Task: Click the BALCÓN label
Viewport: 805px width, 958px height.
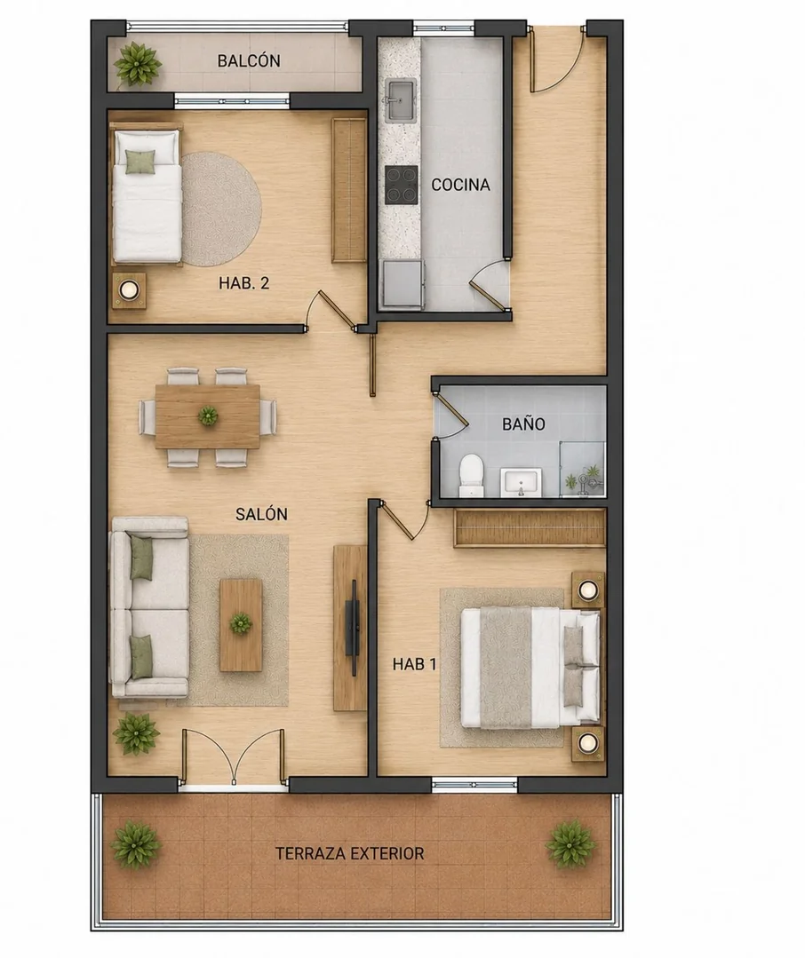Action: click(249, 60)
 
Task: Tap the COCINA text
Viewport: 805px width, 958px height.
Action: click(460, 185)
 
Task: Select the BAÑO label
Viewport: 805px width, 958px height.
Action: click(523, 424)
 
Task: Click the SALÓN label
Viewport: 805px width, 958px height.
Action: click(261, 514)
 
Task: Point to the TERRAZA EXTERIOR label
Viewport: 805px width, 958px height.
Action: click(349, 853)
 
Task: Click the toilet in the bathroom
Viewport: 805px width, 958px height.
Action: click(471, 474)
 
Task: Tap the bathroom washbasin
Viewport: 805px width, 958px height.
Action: click(521, 482)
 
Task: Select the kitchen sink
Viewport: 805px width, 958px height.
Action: click(400, 99)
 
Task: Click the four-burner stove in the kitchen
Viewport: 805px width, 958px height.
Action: click(402, 185)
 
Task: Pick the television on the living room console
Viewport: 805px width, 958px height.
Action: click(353, 627)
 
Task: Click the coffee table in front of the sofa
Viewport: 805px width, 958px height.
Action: click(241, 625)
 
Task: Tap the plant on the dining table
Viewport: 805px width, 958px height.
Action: click(208, 416)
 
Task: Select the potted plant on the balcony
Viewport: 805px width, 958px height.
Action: click(138, 64)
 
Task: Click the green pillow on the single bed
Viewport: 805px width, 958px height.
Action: click(141, 162)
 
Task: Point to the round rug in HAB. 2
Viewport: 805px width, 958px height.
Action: click(220, 209)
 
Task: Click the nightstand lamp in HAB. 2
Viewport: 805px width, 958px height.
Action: click(129, 289)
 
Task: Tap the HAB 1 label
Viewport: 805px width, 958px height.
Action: click(414, 664)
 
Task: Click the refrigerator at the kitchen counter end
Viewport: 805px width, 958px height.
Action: click(402, 283)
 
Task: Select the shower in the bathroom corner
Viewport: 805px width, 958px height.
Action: click(583, 469)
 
